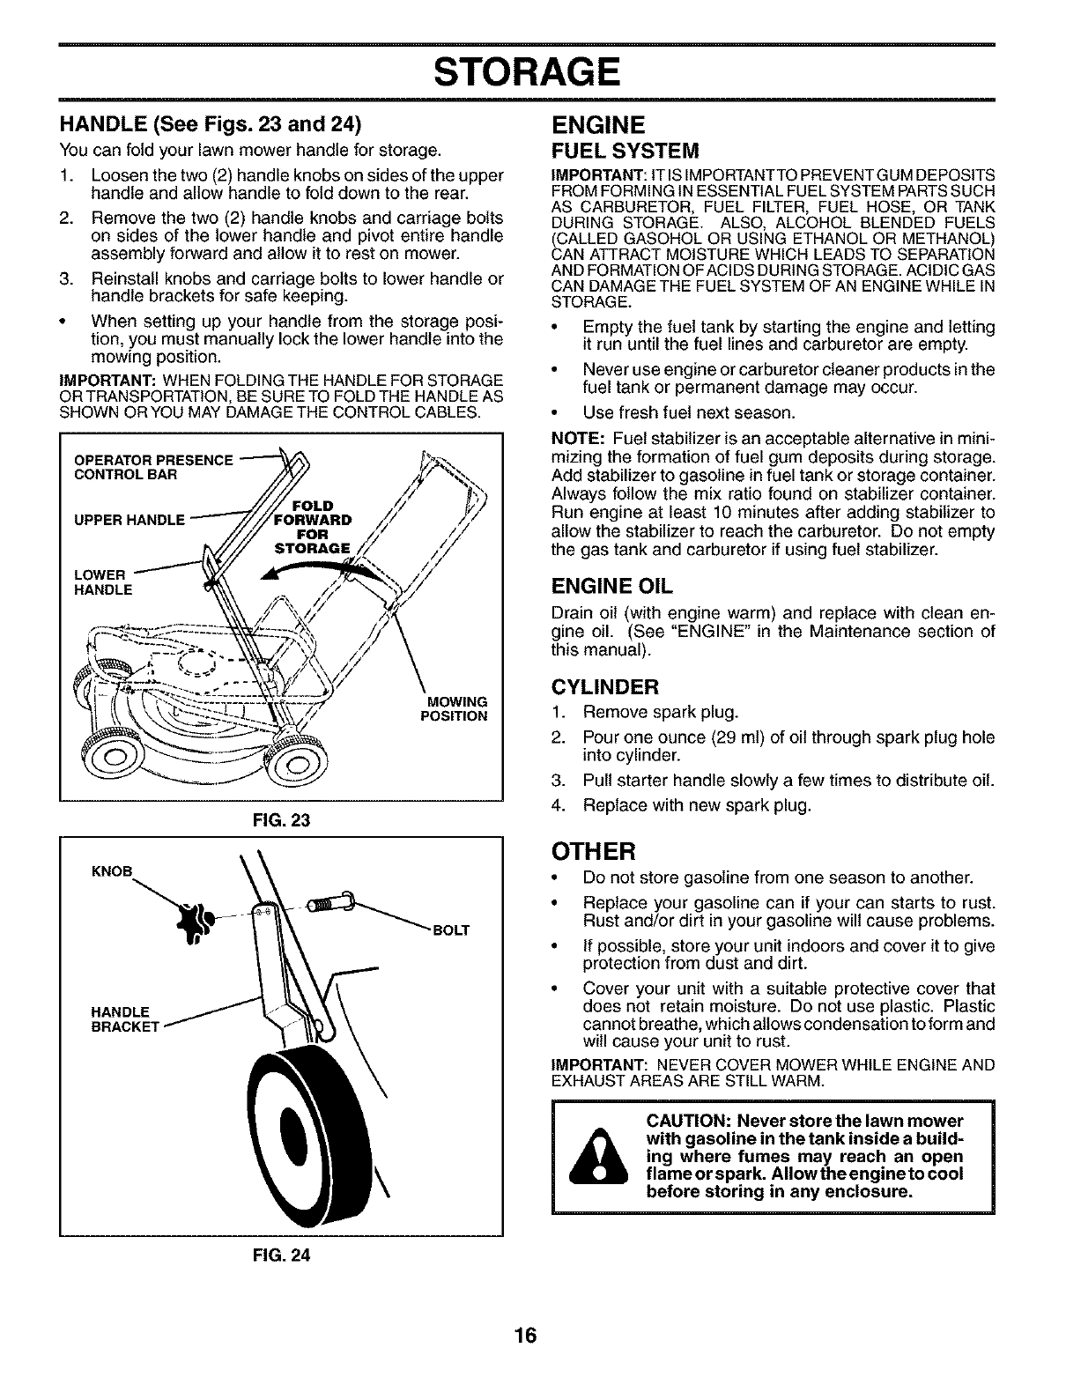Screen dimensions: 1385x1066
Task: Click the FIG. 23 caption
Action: [280, 819]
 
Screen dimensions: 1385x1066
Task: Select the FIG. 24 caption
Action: [280, 1253]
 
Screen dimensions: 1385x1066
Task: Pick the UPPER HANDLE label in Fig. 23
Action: [130, 519]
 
